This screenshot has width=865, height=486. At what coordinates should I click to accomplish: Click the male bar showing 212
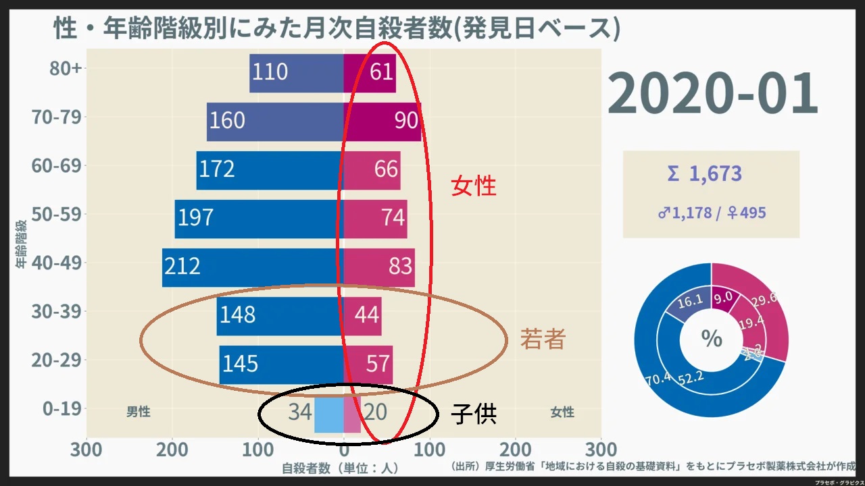coord(253,267)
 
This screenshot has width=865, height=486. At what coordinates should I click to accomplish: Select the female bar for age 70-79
coord(382,122)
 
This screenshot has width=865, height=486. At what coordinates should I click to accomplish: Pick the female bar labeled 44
coord(362,316)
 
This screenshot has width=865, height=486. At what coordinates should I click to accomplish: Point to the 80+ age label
coord(66,69)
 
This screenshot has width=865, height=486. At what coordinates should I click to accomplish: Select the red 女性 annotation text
coord(474,186)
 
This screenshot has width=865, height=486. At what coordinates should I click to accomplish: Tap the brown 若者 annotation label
coord(542,339)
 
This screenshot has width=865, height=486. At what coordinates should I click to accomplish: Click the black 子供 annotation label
coord(474,414)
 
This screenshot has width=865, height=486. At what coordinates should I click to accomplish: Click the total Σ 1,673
coord(704,173)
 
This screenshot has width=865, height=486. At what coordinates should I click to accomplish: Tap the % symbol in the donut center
coord(712,339)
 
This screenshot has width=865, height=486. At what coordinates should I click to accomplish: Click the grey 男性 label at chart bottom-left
coord(139,412)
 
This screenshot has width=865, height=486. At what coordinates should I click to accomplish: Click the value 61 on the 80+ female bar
coord(382,72)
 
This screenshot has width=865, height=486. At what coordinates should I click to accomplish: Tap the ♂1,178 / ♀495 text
coord(712,213)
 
